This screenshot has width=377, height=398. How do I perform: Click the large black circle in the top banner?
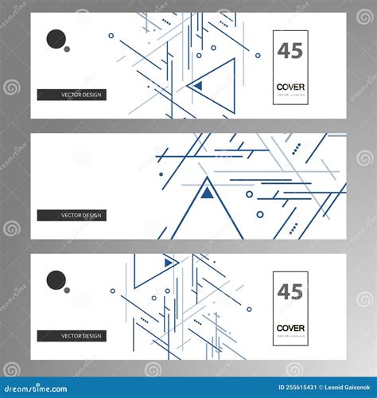tap(56, 39)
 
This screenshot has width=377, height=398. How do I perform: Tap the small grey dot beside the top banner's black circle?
tap(67, 49)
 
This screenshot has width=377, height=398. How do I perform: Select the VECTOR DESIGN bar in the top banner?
tap(72, 95)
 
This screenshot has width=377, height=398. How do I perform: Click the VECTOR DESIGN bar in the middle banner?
tap(72, 215)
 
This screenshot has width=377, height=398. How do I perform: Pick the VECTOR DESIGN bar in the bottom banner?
tap(72, 336)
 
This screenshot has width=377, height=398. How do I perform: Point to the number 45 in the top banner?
tap(290, 51)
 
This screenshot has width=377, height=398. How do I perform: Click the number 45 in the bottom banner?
tap(290, 292)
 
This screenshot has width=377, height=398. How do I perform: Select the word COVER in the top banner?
tap(290, 87)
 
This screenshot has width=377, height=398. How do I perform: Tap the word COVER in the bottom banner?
tap(290, 328)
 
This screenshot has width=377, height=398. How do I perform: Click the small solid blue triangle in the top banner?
tap(198, 85)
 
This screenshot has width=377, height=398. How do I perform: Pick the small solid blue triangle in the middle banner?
tap(207, 192)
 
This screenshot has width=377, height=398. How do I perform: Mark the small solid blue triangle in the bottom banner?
tap(169, 262)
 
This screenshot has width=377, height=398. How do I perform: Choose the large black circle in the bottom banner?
tap(56, 280)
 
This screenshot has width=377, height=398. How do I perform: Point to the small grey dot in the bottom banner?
tap(67, 290)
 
